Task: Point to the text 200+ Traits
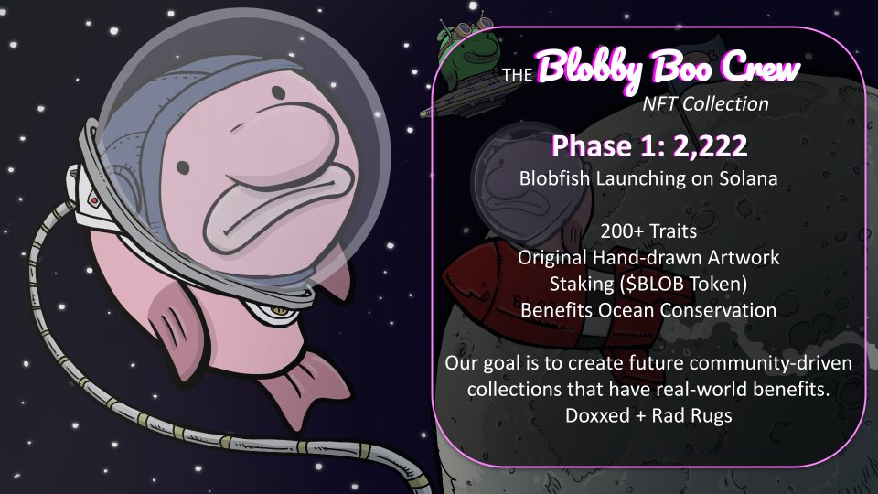coord(648,231)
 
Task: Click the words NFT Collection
coord(704,103)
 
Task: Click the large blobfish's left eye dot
coord(182,166)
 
